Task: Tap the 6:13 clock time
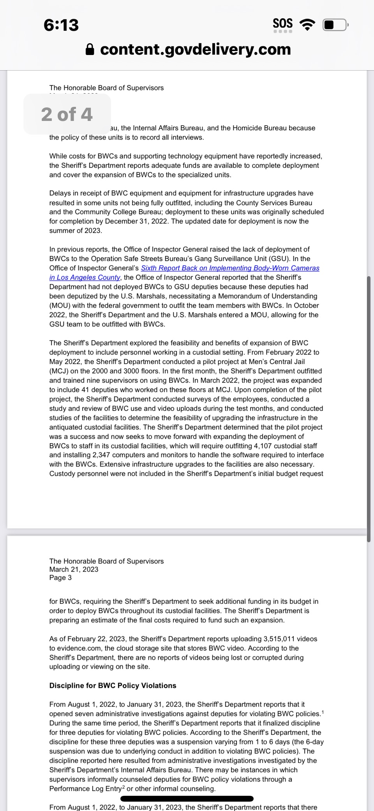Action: (61, 25)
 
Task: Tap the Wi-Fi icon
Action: (307, 25)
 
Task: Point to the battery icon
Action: (335, 25)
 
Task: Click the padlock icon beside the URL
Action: (90, 50)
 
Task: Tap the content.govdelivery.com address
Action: (195, 50)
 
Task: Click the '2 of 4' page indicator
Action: (67, 114)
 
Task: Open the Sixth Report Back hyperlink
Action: (230, 268)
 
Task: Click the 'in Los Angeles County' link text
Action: (85, 277)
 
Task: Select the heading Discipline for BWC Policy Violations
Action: (113, 685)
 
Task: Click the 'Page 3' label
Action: (60, 578)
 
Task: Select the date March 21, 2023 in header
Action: (74, 569)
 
